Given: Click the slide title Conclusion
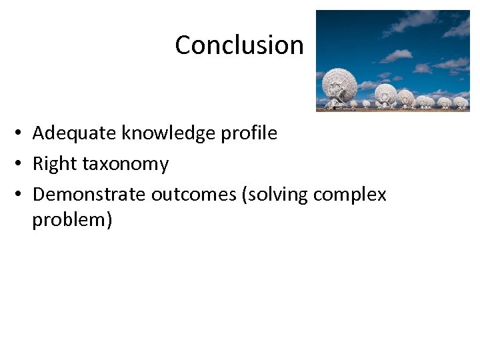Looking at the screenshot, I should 239,45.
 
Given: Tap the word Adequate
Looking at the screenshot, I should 75,133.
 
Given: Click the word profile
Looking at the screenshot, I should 250,133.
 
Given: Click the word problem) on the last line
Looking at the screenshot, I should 72,220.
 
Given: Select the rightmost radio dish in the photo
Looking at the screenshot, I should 460,102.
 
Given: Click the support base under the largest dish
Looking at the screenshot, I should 336,103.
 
